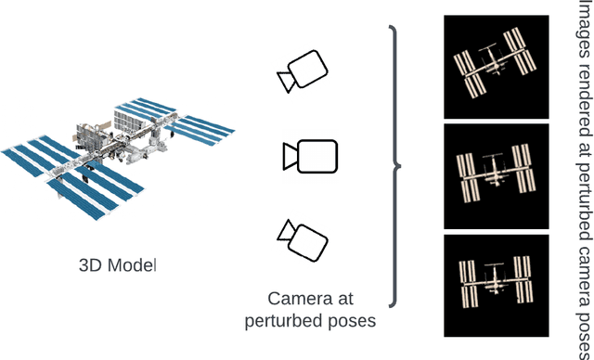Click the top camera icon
point(303,71)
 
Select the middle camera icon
point(310,157)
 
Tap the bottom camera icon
point(303,240)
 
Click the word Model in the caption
point(132,265)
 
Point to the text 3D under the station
point(91,265)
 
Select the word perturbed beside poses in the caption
point(279,321)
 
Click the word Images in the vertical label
point(585,29)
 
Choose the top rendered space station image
point(497,67)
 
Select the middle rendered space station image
point(497,176)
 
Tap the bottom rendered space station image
point(497,286)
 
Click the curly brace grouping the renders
point(396,166)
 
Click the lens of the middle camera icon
point(290,157)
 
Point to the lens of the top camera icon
point(286,82)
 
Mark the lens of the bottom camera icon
point(287,230)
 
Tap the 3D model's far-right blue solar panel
point(200,130)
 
